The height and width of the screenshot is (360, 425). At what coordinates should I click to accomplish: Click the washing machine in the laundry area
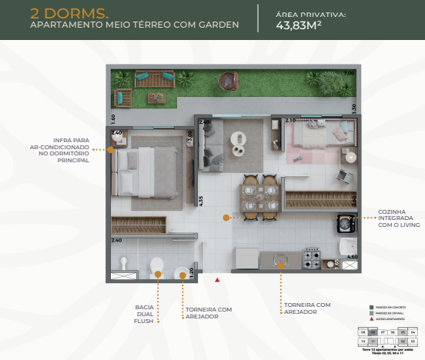(x=346, y=224)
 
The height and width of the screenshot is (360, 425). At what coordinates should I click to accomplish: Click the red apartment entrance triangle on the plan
(x=218, y=279)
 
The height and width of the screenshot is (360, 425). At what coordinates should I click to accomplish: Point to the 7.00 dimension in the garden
(x=348, y=73)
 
